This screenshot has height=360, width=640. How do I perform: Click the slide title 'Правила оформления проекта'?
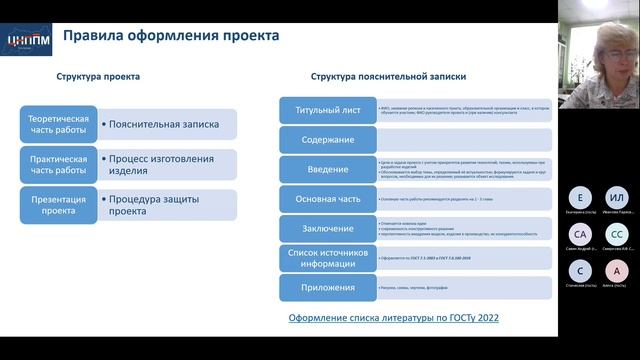coord(171,37)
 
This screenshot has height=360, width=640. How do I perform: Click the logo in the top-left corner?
coord(25,39)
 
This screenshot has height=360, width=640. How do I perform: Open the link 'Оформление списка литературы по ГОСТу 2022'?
coord(393,318)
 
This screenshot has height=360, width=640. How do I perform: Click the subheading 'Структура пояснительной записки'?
coord(388,76)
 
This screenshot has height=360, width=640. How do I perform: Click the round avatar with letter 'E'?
coord(581,196)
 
